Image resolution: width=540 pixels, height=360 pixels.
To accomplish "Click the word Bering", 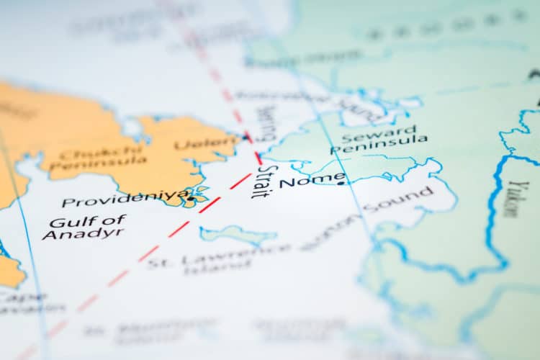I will (x=266, y=122).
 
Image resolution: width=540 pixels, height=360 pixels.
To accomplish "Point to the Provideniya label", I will (x=125, y=199).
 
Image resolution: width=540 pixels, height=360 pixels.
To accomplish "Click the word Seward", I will (x=378, y=133).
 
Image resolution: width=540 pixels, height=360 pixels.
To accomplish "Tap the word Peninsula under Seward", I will (x=379, y=145).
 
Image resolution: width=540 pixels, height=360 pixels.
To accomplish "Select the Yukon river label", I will (x=512, y=199).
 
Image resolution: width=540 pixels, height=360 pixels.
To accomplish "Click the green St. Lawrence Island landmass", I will (x=238, y=233).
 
